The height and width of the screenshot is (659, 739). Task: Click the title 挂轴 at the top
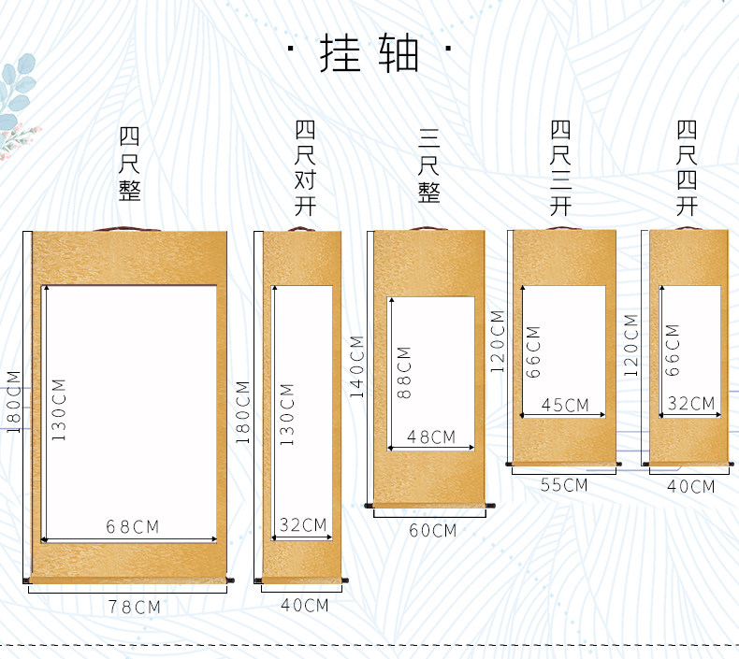(x=369, y=52)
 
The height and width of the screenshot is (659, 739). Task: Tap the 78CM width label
(x=135, y=607)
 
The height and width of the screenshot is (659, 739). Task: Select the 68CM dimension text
(x=133, y=526)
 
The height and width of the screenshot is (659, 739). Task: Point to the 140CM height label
(x=356, y=366)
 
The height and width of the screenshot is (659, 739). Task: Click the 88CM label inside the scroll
(x=404, y=373)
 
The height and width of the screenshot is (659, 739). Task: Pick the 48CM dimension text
(x=431, y=437)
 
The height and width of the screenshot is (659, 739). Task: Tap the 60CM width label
(x=433, y=530)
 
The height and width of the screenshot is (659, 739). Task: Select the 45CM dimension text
(x=565, y=405)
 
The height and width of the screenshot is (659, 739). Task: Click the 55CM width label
(x=564, y=485)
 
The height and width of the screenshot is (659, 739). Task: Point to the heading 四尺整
(x=129, y=164)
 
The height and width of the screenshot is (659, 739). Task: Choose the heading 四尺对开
(x=305, y=167)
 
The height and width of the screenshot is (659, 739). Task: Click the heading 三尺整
(x=428, y=165)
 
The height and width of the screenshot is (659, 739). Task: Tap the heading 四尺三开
(x=560, y=167)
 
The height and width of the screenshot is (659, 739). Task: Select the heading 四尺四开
(x=687, y=167)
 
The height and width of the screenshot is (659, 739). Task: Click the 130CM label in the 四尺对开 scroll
(x=286, y=414)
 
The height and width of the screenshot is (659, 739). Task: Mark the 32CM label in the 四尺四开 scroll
(x=691, y=403)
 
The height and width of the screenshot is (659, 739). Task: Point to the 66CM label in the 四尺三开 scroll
(x=532, y=351)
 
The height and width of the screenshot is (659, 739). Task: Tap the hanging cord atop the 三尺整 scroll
(x=427, y=228)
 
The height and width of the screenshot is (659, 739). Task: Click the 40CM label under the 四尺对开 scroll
(x=304, y=605)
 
